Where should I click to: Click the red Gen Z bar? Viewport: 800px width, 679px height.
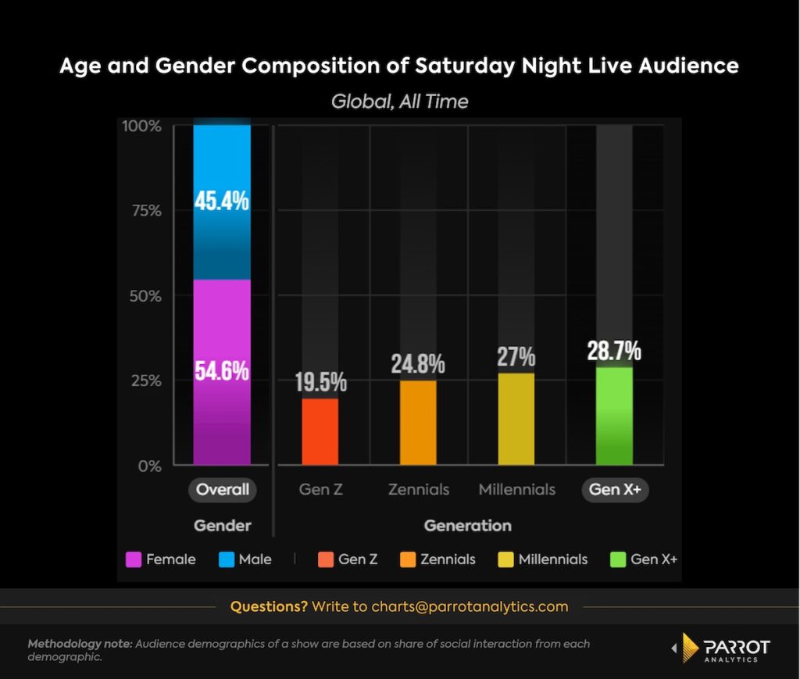320,431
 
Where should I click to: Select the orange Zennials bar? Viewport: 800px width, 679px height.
418,423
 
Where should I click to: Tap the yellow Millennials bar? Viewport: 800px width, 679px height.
516,419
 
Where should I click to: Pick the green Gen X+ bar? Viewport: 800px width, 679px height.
614,416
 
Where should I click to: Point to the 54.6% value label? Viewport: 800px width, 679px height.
222,370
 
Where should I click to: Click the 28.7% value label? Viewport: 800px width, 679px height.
614,352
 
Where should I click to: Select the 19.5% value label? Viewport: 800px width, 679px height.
320,382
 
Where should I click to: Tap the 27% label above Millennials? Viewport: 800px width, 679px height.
516,357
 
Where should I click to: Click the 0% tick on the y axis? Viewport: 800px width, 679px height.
148,466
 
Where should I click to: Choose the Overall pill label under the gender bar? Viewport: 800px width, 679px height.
222,490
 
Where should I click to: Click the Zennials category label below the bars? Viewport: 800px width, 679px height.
419,490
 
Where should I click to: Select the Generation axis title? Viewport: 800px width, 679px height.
467,525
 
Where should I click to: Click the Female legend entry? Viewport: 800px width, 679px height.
161,559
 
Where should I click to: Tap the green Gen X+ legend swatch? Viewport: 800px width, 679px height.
617,559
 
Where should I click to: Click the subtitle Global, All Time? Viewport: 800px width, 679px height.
399,102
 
